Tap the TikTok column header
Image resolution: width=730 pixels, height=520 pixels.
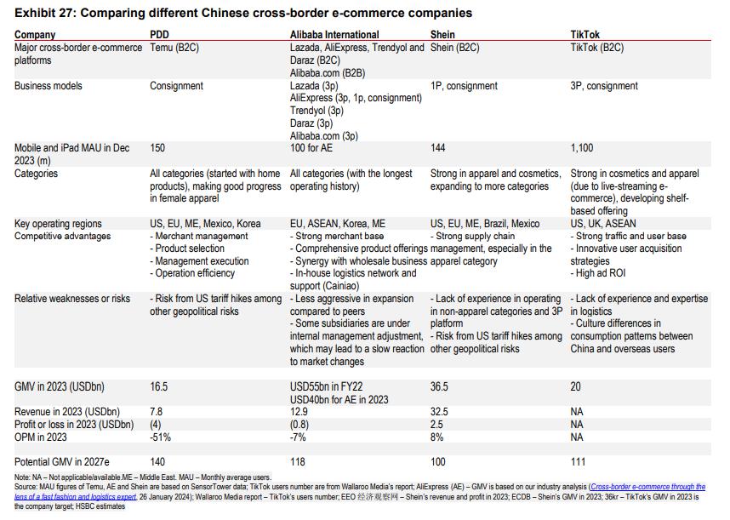585,35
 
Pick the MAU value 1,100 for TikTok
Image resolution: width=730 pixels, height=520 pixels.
583,148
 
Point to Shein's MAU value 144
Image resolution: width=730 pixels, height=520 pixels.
438,148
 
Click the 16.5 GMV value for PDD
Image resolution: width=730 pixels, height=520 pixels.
159,386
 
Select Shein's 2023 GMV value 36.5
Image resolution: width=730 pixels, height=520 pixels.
440,386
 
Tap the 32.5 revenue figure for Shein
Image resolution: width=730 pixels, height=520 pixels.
440,412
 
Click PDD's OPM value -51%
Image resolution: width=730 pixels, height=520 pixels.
161,437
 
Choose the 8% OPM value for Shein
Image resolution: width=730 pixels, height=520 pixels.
437,437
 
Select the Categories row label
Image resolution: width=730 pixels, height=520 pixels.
37,174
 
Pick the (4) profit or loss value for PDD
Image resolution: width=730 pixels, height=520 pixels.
156,425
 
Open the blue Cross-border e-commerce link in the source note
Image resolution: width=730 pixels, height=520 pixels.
646,488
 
